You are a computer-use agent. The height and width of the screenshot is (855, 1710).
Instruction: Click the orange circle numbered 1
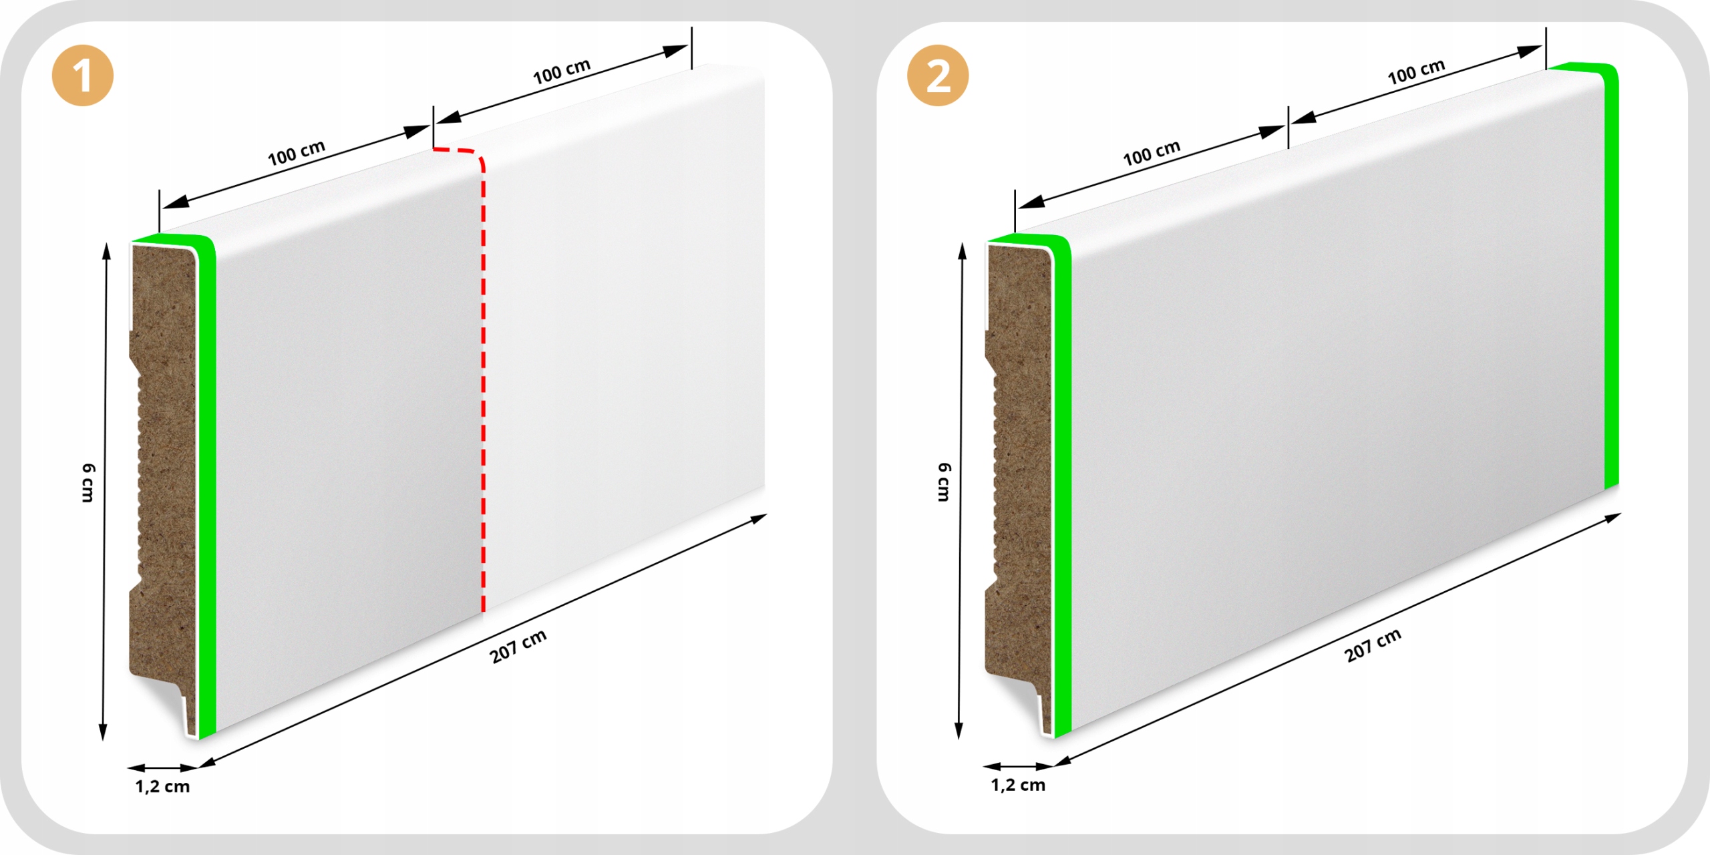83,75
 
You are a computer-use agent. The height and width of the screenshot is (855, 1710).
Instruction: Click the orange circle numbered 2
938,75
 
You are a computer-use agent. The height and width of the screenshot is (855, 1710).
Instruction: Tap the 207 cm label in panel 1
518,646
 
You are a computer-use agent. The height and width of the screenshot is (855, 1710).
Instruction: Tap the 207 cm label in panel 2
1373,645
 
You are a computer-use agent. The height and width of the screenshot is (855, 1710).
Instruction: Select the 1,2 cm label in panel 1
162,786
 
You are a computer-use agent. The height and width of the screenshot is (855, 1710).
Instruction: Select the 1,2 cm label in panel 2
1018,785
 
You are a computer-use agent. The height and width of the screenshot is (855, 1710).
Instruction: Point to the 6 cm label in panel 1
88,482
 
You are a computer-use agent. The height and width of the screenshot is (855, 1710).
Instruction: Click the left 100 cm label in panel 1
297,153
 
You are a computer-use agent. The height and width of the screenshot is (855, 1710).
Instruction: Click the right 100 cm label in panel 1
562,71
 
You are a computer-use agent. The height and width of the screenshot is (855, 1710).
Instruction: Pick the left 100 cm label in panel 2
1152,153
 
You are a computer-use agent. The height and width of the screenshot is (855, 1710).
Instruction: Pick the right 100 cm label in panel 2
1416,72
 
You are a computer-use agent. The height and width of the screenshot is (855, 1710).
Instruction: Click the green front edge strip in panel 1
207,481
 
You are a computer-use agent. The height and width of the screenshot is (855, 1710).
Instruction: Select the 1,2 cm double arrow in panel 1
162,768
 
